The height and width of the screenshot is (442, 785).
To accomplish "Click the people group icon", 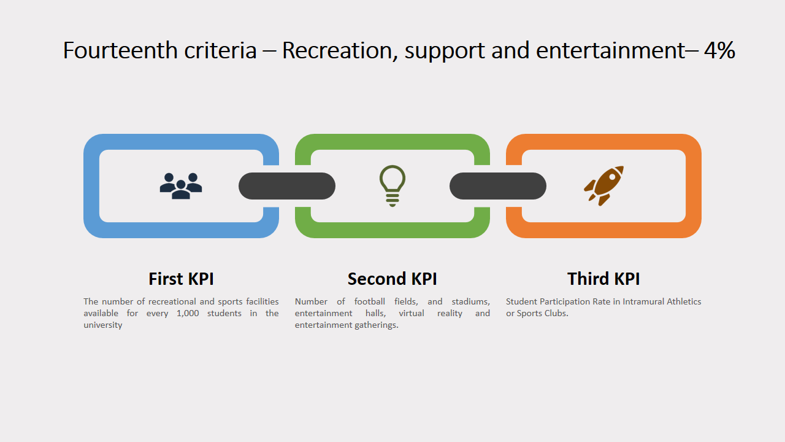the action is pos(181,186).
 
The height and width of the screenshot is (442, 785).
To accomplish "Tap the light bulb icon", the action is pos(392,186).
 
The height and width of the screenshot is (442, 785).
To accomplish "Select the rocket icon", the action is pos(604,185).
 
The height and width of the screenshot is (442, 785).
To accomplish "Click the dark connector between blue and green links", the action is pos(287,186).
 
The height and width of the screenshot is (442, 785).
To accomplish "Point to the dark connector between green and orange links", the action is pos(498,186).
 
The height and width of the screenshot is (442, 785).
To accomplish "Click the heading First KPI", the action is pos(181,279).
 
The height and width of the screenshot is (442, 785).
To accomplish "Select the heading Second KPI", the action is pos(392,279).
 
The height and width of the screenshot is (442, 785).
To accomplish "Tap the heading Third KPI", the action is pos(603,279).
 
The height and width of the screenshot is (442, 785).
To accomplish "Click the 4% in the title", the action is pos(719,50).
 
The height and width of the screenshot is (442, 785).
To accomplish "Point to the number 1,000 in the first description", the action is pos(188,313).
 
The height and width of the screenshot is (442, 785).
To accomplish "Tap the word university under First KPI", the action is pos(102,325).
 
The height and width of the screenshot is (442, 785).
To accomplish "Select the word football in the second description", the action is pos(369,301).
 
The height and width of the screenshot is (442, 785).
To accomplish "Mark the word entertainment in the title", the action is pos(610,50).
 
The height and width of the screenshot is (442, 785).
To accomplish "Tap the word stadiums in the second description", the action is pos(470,301).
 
